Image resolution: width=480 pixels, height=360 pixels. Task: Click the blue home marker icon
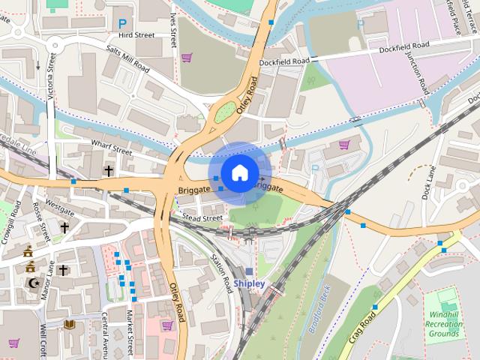tap(238, 172)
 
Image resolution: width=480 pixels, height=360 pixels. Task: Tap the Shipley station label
tap(248, 283)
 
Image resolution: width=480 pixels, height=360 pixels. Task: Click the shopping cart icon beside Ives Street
tap(186, 57)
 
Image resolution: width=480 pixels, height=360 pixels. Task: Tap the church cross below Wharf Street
tap(109, 172)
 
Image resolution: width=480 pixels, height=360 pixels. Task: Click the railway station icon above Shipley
tap(250, 271)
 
